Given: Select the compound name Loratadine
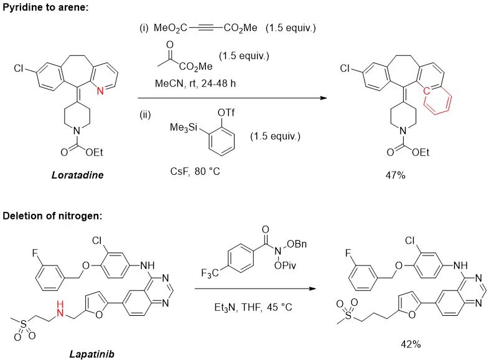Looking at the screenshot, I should click(77, 175).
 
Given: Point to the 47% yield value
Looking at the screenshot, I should click(395, 175).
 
